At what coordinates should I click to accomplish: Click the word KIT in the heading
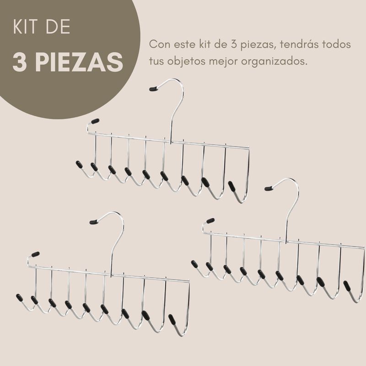(27, 27)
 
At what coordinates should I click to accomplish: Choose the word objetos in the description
(186, 60)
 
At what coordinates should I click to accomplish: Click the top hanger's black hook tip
(154, 88)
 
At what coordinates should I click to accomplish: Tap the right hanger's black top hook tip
(269, 188)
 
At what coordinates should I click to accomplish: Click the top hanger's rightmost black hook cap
(232, 186)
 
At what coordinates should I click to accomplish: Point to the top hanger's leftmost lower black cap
(78, 163)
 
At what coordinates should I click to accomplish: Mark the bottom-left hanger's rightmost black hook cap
(172, 318)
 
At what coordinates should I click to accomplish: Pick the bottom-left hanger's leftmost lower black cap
(19, 297)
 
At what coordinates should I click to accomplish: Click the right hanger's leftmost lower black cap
(194, 264)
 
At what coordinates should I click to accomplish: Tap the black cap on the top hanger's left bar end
(95, 121)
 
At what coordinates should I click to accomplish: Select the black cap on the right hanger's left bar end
(210, 221)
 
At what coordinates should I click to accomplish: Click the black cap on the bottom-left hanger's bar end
(35, 254)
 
